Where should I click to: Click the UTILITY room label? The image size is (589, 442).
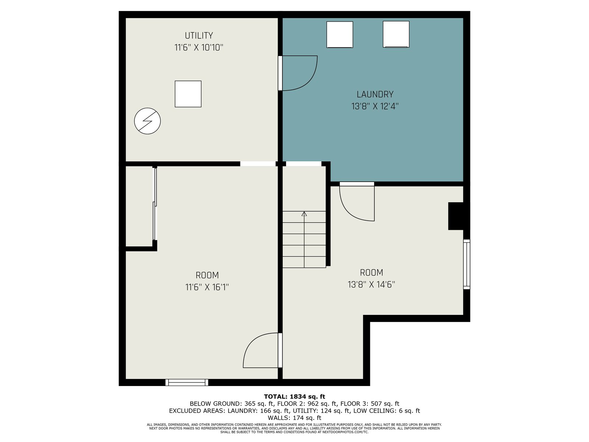click(199, 35)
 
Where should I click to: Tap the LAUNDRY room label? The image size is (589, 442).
click(375, 94)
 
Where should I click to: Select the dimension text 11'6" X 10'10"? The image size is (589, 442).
click(199, 48)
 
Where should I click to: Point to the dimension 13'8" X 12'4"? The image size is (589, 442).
click(375, 106)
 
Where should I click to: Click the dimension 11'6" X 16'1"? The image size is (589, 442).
click(207, 287)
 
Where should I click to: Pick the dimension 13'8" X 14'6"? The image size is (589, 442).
click(371, 284)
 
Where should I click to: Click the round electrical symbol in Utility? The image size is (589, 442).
click(147, 121)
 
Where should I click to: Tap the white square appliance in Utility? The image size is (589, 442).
click(188, 94)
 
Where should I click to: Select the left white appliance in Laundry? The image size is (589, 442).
click(340, 35)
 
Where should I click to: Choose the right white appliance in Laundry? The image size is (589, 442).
click(396, 35)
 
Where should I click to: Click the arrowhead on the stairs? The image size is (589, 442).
click(304, 214)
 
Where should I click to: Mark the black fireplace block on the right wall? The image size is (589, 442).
click(456, 216)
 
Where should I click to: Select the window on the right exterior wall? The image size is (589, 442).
click(467, 264)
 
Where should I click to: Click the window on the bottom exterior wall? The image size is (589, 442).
click(187, 382)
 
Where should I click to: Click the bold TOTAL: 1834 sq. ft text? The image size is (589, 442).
click(294, 397)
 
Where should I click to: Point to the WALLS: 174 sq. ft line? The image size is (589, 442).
click(294, 418)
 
